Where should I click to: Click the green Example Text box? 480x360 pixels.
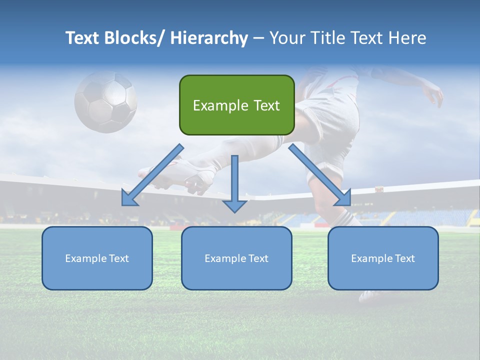click(236, 105)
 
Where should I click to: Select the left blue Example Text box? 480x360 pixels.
click(97, 258)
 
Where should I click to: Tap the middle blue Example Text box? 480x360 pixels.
click(236, 258)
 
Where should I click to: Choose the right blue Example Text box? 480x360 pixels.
click(383, 258)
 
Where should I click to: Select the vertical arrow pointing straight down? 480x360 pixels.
click(234, 183)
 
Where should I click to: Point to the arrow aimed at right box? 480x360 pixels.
click(320, 175)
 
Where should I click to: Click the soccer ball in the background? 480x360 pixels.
click(105, 101)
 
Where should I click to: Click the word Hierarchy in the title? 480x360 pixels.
click(209, 38)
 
